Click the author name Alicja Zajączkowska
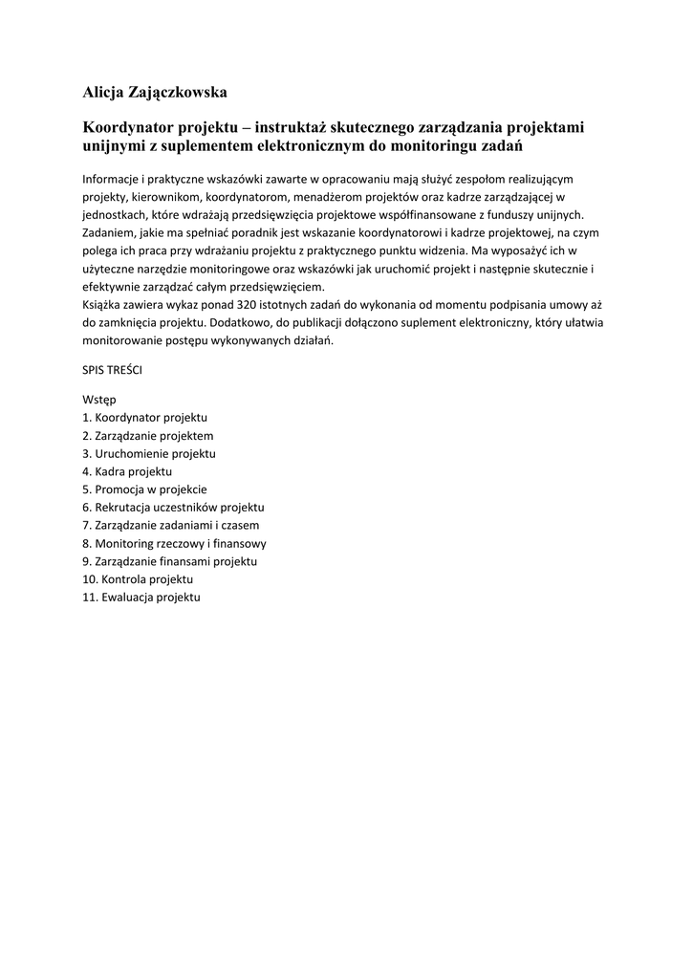pyautogui.click(x=156, y=93)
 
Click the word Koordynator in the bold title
pyautogui.click(x=127, y=127)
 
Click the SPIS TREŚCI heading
pyautogui.click(x=112, y=368)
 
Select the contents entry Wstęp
pyautogui.click(x=99, y=400)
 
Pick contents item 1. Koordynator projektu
pyautogui.click(x=144, y=418)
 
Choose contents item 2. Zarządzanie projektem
pyautogui.click(x=147, y=435)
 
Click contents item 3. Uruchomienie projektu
pyautogui.click(x=148, y=453)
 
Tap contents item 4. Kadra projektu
pyautogui.click(x=127, y=471)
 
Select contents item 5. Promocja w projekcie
pyautogui.click(x=144, y=489)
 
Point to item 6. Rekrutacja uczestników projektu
pyautogui.click(x=173, y=507)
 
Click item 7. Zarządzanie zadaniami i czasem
pyautogui.click(x=170, y=525)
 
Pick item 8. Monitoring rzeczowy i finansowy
pyautogui.click(x=174, y=543)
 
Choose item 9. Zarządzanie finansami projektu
pyautogui.click(x=169, y=561)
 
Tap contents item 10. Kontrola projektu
pyautogui.click(x=138, y=579)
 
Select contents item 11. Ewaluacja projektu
pyautogui.click(x=141, y=597)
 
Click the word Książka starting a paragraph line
pyautogui.click(x=105, y=305)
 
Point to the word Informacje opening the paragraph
pyautogui.click(x=111, y=179)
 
